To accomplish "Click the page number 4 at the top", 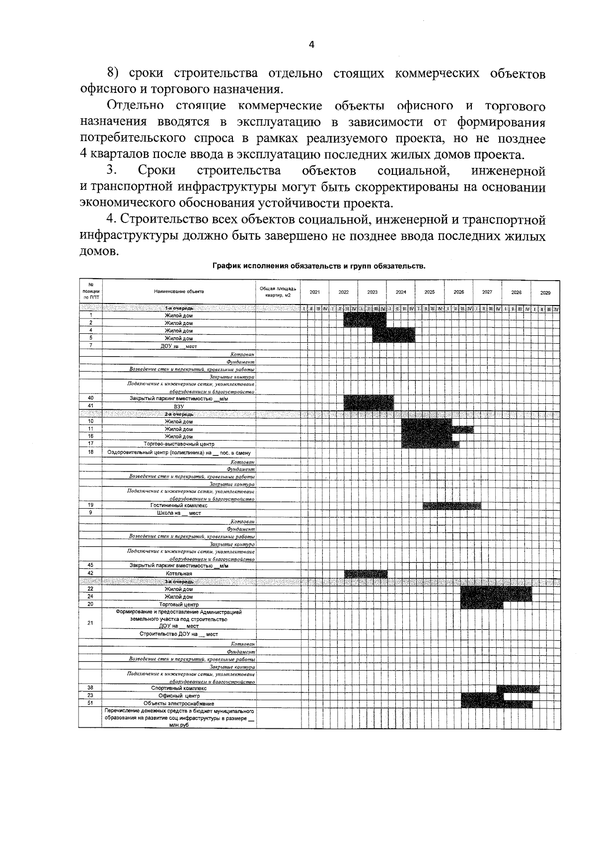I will [x=311, y=45].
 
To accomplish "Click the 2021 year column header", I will [x=315, y=292].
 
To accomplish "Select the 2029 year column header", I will [x=545, y=293].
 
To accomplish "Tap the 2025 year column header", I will [x=430, y=292].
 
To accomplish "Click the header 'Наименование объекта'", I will [x=179, y=292].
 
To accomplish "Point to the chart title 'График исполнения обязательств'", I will [x=319, y=266].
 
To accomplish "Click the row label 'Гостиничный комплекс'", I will [x=179, y=505].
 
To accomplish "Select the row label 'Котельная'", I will [x=179, y=573].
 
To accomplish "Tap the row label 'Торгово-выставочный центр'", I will [x=179, y=444].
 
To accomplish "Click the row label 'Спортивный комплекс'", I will [x=179, y=689].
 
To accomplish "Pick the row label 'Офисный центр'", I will [x=179, y=696].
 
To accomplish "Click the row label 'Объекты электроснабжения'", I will [x=179, y=703].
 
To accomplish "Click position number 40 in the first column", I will [x=90, y=398].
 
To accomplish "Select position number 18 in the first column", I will [x=90, y=452].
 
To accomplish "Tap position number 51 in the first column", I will [x=90, y=703].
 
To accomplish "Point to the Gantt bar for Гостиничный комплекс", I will [x=452, y=506].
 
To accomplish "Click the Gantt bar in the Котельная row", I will [x=366, y=574].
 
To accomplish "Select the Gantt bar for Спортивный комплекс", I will [x=518, y=689].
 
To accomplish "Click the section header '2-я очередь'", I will [x=179, y=414].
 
